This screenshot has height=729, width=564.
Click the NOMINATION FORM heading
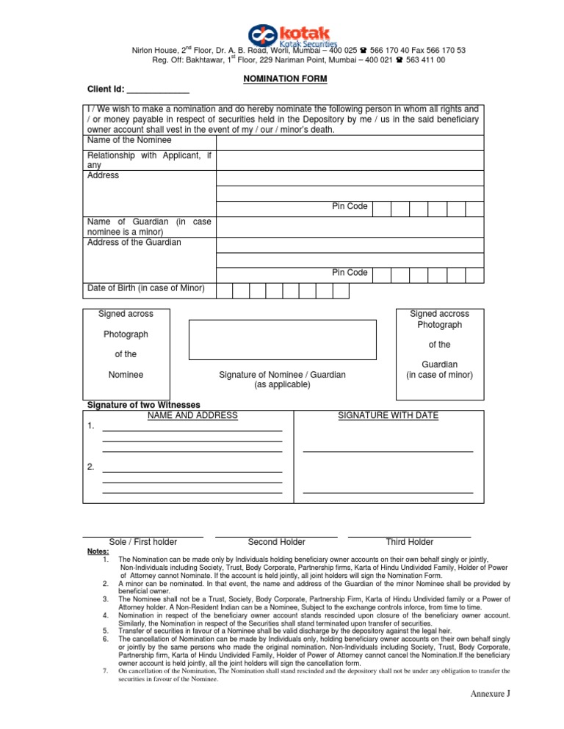pos(285,78)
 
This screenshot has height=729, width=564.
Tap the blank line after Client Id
pos(158,90)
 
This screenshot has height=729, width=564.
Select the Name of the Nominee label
pos(129,140)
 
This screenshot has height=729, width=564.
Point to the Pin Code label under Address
pos(350,206)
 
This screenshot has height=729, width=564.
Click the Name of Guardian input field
pos(350,226)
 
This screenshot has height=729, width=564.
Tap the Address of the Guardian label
pos(134,242)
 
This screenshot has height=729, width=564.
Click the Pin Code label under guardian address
pos(350,273)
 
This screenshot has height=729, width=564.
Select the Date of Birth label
pos(145,287)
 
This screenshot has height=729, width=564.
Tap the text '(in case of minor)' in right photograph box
pos(439,375)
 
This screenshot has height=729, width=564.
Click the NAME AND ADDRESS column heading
pos(192,416)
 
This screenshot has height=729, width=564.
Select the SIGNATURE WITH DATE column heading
pos(388,416)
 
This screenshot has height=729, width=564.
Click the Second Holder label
pos(277,542)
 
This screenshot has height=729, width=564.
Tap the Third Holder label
pos(409,542)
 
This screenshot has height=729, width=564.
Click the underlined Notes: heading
pos(98,551)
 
